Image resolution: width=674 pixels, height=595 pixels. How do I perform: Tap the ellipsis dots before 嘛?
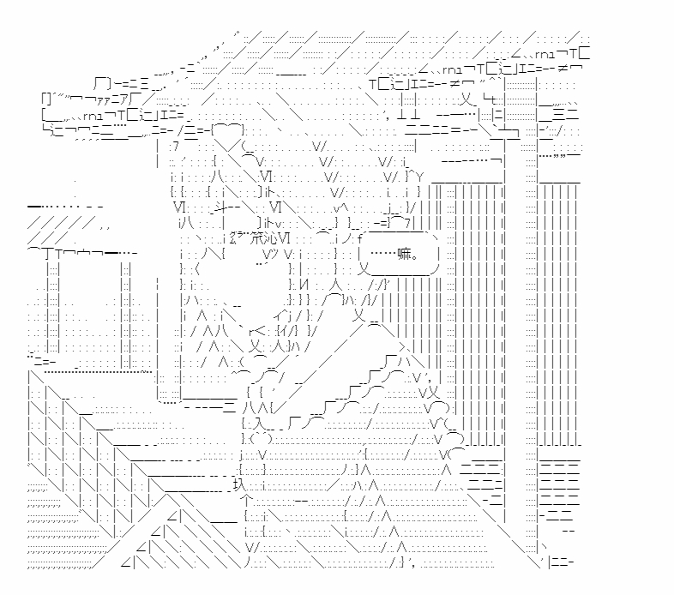point(381,254)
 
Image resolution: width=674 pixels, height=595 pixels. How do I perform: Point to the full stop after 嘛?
point(416,256)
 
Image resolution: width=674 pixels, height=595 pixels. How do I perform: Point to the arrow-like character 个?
point(246,500)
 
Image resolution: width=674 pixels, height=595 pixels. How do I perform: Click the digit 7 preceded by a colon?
point(175,147)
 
